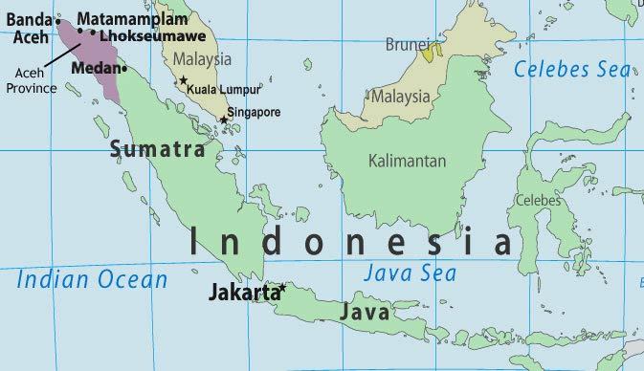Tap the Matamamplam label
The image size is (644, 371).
(x=121, y=19)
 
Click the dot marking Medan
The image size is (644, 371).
(x=124, y=69)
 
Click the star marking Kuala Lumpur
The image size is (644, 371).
(x=184, y=80)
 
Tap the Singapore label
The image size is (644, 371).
(x=254, y=112)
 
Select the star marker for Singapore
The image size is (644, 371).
(x=225, y=120)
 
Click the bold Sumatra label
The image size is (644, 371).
(x=157, y=149)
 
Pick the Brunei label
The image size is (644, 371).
(x=408, y=45)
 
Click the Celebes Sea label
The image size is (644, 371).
(x=571, y=69)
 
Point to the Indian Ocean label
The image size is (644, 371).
(x=92, y=280)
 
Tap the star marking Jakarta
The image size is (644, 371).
(x=282, y=288)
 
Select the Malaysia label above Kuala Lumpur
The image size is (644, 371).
(x=203, y=60)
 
